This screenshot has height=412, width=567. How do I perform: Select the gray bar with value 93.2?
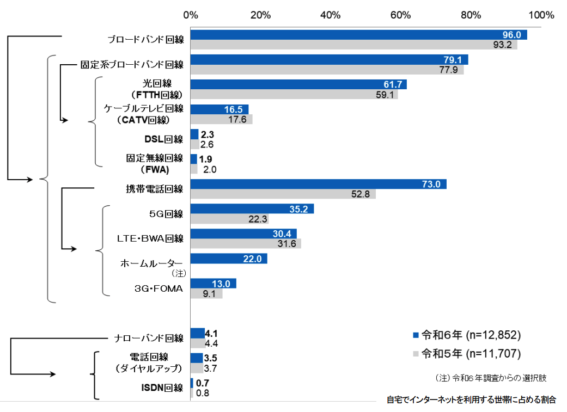(x=353, y=45)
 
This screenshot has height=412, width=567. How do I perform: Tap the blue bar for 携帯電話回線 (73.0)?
(x=318, y=184)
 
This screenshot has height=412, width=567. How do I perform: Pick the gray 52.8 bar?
(x=283, y=194)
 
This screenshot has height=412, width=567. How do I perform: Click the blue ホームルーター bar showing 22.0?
(x=229, y=259)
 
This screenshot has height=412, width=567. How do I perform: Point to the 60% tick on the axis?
(x=400, y=15)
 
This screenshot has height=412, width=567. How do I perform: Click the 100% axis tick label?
(x=540, y=15)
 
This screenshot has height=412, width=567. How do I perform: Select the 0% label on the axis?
(x=191, y=15)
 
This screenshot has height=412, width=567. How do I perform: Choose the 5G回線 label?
(x=166, y=214)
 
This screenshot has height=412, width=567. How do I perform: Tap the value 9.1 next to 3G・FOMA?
(x=209, y=294)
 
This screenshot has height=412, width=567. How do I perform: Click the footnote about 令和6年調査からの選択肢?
(x=490, y=377)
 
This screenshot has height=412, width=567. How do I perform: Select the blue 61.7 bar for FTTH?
(x=298, y=84)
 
